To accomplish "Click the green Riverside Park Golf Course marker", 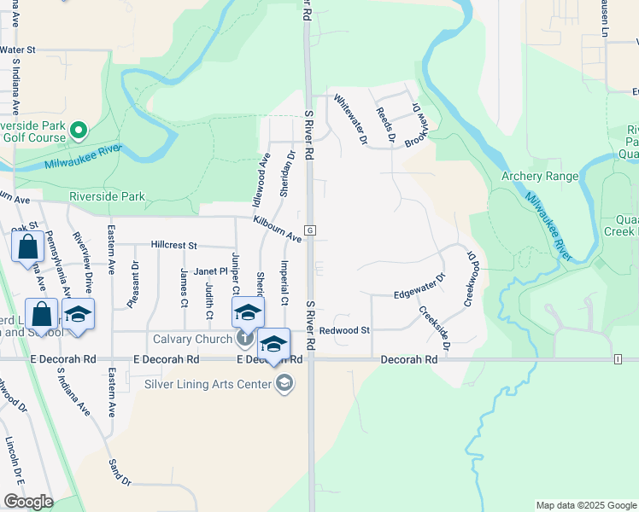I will (x=79, y=131).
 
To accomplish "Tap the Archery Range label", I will (x=539, y=177).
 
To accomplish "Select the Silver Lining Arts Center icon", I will (x=284, y=384).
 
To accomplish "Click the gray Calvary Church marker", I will (x=245, y=340).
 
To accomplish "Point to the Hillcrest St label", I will (x=174, y=245).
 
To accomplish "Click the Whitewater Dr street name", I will (x=350, y=117).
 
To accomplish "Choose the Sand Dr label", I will (x=120, y=472).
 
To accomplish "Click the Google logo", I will (x=28, y=502).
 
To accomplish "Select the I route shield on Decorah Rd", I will (x=617, y=360).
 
